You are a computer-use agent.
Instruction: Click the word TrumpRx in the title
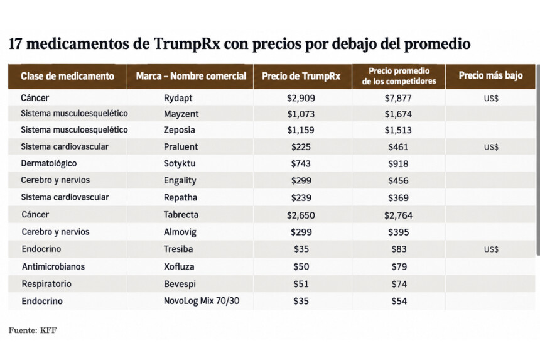click(x=186, y=44)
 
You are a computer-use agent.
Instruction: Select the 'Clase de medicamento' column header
click(x=68, y=76)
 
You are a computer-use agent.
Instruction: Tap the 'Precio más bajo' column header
click(x=490, y=75)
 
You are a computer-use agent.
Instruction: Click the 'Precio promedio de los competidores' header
click(x=399, y=76)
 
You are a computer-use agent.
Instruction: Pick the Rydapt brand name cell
click(x=178, y=98)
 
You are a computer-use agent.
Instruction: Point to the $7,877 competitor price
click(x=398, y=98)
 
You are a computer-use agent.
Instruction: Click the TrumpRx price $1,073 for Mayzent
click(x=301, y=114)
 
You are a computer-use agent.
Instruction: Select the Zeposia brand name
click(x=179, y=130)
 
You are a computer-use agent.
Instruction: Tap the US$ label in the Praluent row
click(x=491, y=147)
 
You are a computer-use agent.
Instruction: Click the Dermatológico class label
click(x=48, y=163)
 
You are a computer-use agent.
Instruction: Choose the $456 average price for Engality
click(x=398, y=181)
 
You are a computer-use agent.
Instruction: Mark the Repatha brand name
click(x=180, y=198)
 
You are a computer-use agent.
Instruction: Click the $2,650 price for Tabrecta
click(x=301, y=215)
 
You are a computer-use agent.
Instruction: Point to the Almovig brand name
click(x=180, y=232)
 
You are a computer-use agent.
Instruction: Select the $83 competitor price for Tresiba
click(x=399, y=249)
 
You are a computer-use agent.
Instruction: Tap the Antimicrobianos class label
click(x=53, y=266)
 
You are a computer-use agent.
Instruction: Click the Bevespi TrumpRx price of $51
click(x=301, y=284)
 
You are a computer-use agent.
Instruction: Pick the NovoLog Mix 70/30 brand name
click(x=201, y=301)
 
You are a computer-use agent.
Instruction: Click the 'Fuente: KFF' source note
click(x=33, y=330)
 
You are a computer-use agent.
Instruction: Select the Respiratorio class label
click(x=46, y=284)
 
